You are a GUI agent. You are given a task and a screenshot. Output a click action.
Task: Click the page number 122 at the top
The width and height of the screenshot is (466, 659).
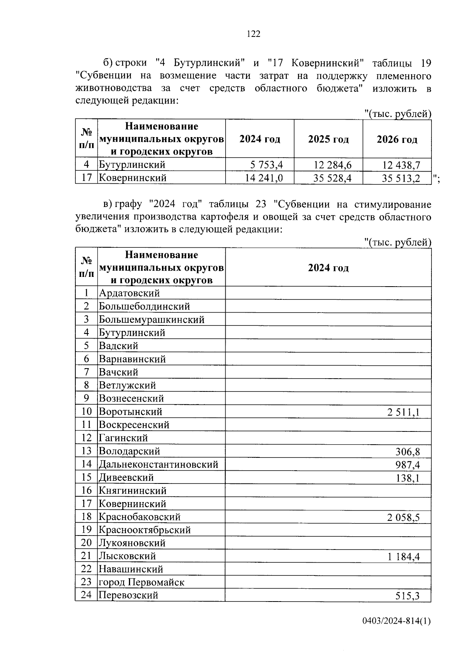click(253, 34)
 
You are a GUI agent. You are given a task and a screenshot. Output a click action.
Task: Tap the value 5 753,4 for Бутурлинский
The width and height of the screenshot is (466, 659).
click(266, 165)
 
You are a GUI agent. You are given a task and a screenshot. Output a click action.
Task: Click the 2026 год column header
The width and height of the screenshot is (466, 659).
click(397, 139)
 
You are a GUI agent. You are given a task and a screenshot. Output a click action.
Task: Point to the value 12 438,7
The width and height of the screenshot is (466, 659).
click(401, 165)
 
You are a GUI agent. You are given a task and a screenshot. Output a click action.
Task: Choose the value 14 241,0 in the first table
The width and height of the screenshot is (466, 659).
click(264, 178)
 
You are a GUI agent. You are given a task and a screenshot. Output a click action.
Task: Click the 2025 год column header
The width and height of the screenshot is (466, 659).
click(328, 139)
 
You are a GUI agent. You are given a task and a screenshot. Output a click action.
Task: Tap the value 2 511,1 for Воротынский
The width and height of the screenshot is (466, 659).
click(403, 412)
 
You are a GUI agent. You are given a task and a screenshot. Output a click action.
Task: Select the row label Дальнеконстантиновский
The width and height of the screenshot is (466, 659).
click(158, 464)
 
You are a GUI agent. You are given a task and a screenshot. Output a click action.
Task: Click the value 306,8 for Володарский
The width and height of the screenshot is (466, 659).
click(408, 452)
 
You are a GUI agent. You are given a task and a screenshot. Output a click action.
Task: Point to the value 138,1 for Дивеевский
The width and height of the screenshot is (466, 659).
click(408, 478)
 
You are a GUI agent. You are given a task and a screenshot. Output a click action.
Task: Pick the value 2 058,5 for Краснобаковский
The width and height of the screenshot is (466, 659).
click(403, 517)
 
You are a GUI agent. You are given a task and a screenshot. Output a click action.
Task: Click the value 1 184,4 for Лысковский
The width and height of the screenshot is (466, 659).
click(403, 557)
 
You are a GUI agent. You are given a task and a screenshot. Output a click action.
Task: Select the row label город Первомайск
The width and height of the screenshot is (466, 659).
click(141, 582)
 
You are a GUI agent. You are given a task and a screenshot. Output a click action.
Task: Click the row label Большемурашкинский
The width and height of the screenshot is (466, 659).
click(151, 320)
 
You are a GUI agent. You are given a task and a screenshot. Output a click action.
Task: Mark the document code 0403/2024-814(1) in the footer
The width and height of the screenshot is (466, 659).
click(396, 632)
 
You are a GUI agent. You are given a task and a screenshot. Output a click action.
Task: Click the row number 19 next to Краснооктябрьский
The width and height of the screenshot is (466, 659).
click(86, 530)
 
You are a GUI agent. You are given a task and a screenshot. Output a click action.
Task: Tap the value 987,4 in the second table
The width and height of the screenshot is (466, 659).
click(408, 465)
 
